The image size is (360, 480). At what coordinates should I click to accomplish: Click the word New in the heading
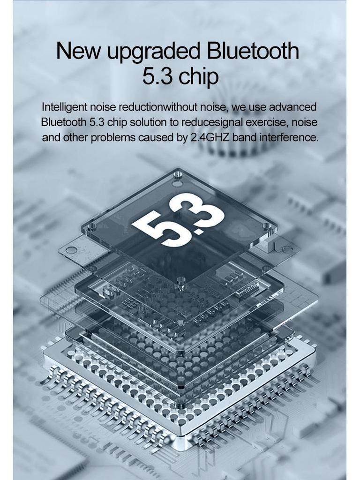point(78,51)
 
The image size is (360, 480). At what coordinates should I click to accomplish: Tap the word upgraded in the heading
point(154,52)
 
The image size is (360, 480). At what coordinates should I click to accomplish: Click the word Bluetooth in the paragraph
point(64,122)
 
